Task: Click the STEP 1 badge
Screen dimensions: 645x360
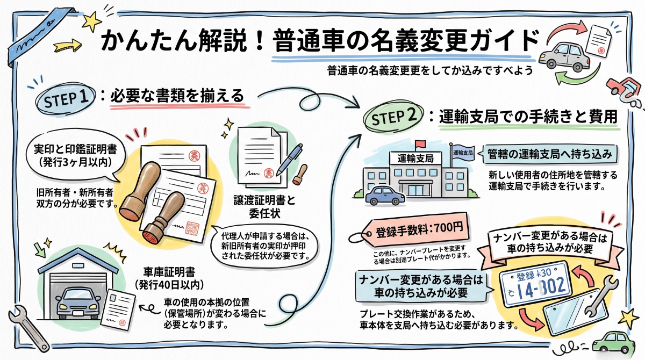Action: [x=66, y=99]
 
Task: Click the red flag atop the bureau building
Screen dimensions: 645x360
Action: [x=420, y=143]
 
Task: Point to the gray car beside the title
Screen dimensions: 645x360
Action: [x=564, y=57]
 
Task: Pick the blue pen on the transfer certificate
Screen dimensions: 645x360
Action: [x=289, y=160]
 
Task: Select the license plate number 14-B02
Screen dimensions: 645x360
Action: [x=541, y=286]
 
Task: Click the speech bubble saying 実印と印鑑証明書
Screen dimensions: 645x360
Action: [x=75, y=156]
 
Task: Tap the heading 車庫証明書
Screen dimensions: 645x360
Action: [x=169, y=272]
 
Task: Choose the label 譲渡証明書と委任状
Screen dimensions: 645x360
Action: [x=264, y=207]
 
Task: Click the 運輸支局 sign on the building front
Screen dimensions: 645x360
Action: [x=415, y=159]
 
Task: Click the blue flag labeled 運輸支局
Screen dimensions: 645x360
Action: [x=463, y=153]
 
